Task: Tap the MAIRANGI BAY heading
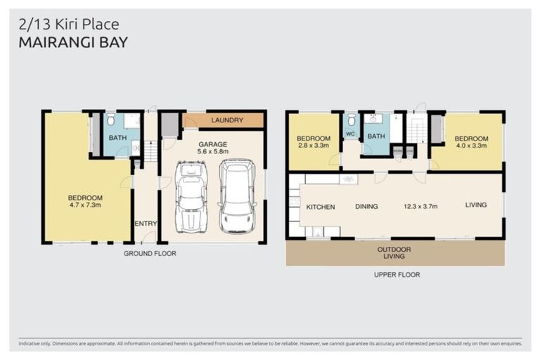point(72,43)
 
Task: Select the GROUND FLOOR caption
point(150,253)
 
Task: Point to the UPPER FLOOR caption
point(397,275)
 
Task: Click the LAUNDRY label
point(226,120)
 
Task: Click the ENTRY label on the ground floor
point(146,224)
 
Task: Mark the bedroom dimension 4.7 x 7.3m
point(85,207)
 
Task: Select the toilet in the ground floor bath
point(110,120)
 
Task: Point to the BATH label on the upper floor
point(376,136)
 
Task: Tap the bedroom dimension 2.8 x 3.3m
point(313,146)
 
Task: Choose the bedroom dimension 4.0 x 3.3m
point(469,146)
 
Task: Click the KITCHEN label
point(321,207)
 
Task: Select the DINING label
point(367,207)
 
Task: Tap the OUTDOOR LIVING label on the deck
point(394,252)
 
